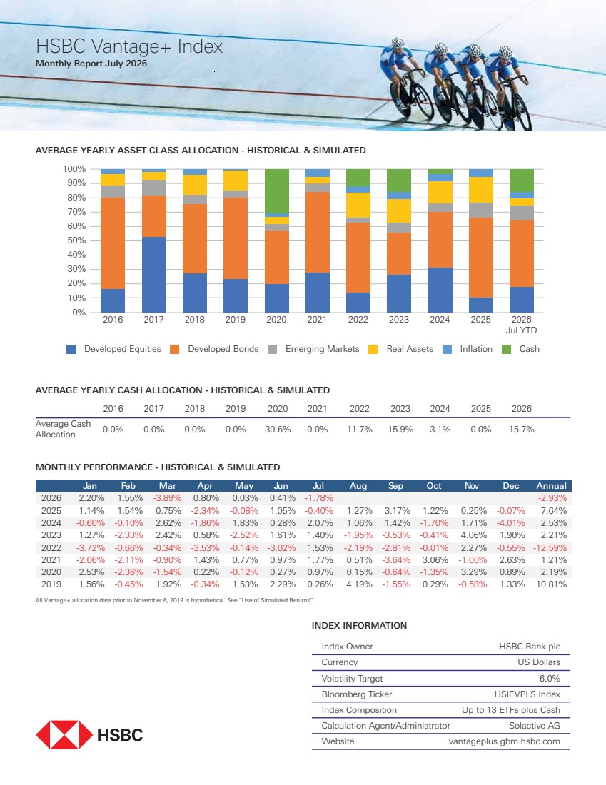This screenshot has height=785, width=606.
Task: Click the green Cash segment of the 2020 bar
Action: click(276, 191)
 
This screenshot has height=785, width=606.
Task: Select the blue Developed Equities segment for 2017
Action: click(153, 274)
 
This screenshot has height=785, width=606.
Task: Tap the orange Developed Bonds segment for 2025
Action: click(481, 258)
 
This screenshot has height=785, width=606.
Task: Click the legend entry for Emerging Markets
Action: click(313, 349)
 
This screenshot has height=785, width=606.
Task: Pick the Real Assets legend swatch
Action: click(373, 350)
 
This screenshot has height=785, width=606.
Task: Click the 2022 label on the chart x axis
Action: click(358, 320)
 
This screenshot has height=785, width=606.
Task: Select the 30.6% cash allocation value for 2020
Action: click(278, 430)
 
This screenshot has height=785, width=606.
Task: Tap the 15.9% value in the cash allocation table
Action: click(400, 430)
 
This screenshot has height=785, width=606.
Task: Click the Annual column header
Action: click(552, 485)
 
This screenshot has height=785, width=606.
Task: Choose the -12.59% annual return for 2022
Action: click(550, 547)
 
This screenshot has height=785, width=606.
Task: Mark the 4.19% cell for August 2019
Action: click(360, 584)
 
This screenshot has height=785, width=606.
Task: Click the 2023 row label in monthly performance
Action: click(51, 535)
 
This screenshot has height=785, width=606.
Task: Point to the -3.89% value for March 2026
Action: click(167, 498)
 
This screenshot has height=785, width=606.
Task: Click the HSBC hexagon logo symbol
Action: click(64, 735)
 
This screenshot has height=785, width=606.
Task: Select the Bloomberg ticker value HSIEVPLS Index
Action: click(527, 694)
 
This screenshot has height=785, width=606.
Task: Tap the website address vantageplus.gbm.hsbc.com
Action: click(505, 741)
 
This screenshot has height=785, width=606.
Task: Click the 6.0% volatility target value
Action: click(550, 679)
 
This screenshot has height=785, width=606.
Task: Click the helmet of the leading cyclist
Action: click(506, 51)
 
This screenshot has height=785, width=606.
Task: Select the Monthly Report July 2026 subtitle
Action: click(91, 64)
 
